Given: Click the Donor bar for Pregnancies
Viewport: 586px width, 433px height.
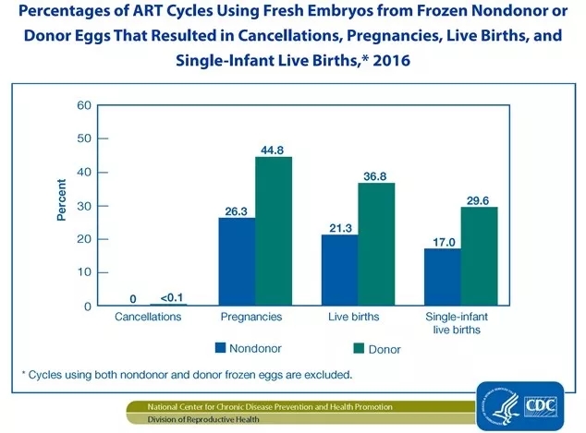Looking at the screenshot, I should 274,232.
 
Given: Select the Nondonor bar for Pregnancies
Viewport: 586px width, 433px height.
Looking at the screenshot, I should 237,262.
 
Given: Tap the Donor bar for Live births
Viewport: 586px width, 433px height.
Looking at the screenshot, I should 376,245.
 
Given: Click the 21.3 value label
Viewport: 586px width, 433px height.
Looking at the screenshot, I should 338,226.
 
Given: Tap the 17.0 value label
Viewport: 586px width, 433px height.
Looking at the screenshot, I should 441,240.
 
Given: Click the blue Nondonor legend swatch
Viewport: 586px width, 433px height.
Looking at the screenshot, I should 221,348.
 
